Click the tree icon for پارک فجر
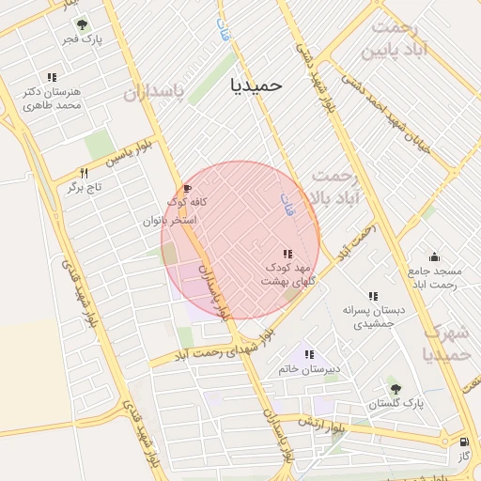(x=82, y=24)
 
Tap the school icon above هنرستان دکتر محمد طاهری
(x=52, y=77)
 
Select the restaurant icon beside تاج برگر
(x=84, y=173)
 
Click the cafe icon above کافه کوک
(x=186, y=188)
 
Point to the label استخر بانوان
(x=169, y=220)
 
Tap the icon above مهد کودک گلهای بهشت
(x=287, y=254)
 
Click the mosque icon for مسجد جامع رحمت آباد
(x=434, y=256)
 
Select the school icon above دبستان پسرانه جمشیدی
(x=373, y=296)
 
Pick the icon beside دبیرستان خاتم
(x=308, y=355)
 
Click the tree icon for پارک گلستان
(x=394, y=388)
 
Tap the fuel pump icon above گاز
(x=464, y=442)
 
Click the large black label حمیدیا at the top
(x=256, y=85)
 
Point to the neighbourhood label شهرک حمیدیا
(x=446, y=344)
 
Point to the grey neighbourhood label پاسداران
(x=150, y=92)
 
